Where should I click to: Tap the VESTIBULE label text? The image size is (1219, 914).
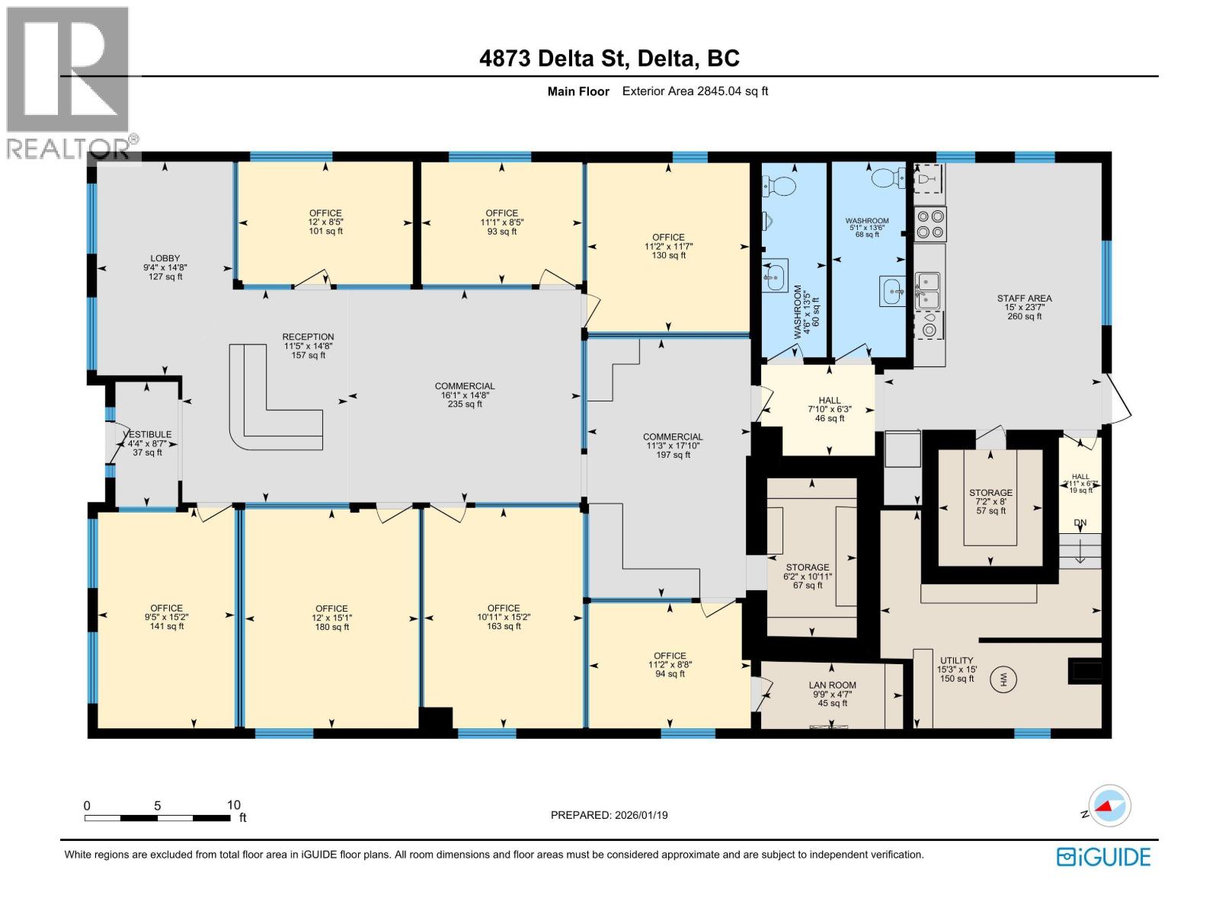[x=148, y=435]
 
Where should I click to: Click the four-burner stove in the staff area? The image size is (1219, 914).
[x=930, y=224]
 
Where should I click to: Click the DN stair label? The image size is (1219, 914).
[x=1080, y=523]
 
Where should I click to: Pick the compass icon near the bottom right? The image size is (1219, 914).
[x=1109, y=806]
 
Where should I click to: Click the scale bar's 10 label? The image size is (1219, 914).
[x=233, y=805]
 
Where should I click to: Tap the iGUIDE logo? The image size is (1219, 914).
[x=1103, y=857]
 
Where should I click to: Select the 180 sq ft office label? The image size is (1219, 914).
[x=331, y=618]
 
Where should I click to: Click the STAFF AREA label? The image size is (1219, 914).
[x=1024, y=299]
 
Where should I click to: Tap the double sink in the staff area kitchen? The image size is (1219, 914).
[x=928, y=291]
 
